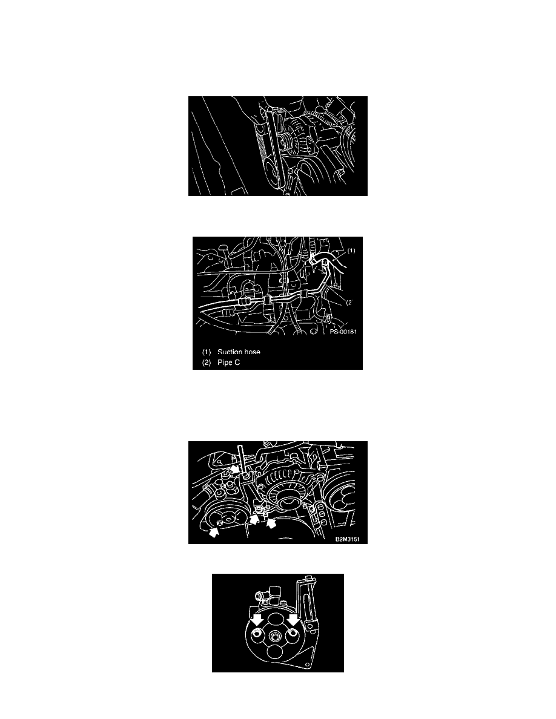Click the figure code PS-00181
343,332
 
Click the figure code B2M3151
348,539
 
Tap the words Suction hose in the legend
239,352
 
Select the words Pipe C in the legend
228,363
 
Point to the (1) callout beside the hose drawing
351,251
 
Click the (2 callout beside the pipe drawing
349,302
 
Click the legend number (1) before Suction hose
207,352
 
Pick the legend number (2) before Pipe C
207,363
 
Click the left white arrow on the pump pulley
256,620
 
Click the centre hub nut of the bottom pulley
275,637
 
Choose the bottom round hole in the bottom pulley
275,654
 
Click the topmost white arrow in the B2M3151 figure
235,468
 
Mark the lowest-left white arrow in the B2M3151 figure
214,532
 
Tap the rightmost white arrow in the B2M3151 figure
271,523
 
